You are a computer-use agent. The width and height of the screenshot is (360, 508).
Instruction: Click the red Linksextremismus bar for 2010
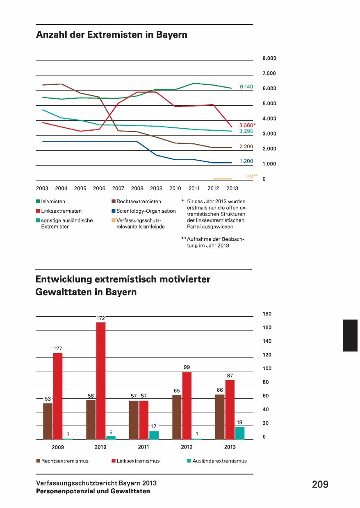(x=100, y=381)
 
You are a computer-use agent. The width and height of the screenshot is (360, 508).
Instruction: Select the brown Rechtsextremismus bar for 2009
(x=48, y=421)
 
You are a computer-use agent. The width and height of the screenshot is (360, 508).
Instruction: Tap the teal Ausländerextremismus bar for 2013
(x=239, y=433)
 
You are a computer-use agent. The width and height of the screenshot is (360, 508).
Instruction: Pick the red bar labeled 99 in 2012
(x=187, y=406)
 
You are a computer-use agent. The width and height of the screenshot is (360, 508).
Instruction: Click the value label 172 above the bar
(x=100, y=318)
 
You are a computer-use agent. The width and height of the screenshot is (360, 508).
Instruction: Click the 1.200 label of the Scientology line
(x=246, y=161)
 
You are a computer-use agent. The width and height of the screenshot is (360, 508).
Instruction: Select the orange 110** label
(x=248, y=176)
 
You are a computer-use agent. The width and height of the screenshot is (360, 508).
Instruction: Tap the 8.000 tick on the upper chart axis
(x=269, y=59)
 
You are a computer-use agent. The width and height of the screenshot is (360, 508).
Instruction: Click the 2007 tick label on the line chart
(x=118, y=188)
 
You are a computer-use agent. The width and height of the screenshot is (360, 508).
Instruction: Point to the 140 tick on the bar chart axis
(x=267, y=341)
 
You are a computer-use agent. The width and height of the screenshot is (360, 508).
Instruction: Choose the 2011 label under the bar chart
(x=143, y=447)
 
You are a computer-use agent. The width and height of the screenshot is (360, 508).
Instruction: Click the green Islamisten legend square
(x=38, y=202)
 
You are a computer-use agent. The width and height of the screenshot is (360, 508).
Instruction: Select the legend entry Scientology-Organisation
(x=146, y=211)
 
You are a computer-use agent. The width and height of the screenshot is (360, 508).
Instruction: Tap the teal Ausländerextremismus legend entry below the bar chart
(x=219, y=461)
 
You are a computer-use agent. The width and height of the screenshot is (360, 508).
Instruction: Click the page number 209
(x=320, y=485)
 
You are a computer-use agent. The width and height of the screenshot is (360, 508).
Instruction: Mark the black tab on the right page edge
(x=351, y=336)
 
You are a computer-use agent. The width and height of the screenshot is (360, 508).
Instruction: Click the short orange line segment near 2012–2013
(x=223, y=179)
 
